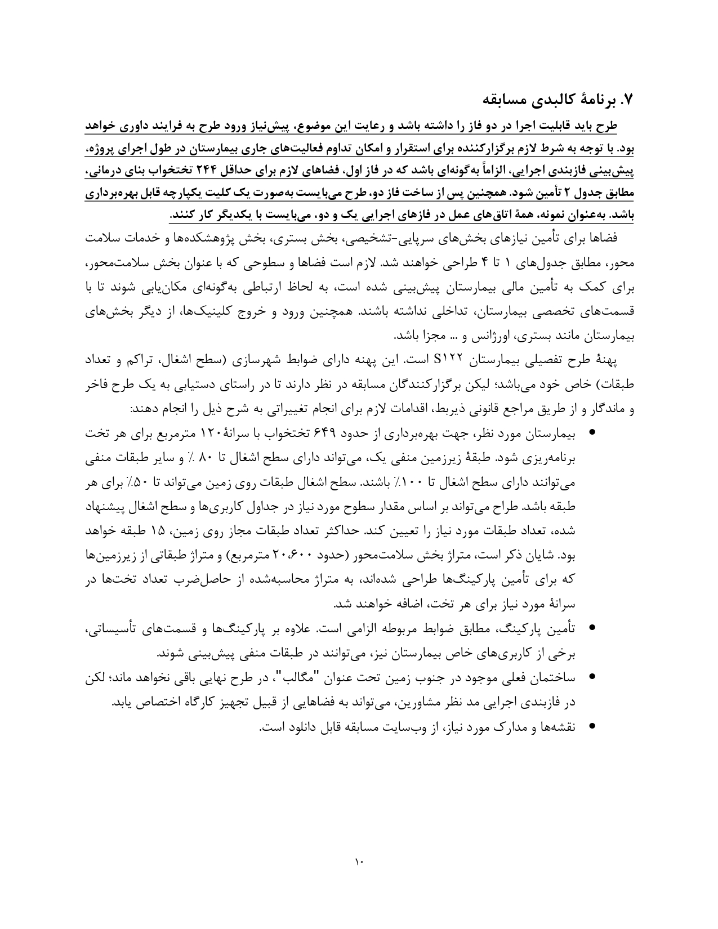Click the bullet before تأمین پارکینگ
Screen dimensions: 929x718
pos(592,628)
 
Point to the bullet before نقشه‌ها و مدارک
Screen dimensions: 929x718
pos(592,726)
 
